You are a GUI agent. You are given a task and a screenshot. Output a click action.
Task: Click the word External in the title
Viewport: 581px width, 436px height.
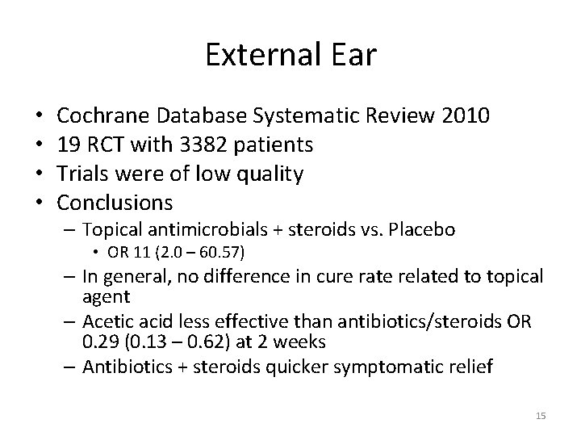[260, 55]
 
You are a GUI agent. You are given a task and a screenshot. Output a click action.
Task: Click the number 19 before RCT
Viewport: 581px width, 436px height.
[70, 145]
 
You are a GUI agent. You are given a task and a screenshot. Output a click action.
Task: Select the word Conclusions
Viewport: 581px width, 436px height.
[116, 200]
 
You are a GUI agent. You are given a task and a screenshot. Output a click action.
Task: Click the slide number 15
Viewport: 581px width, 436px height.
[541, 416]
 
